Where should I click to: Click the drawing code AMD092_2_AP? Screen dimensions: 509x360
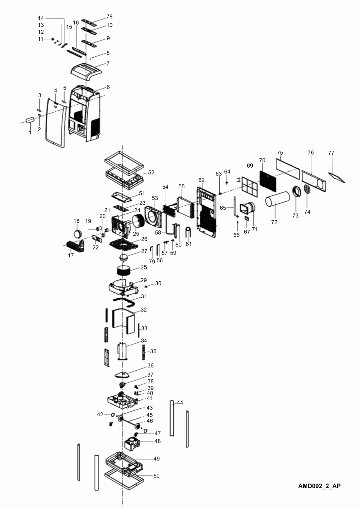319,486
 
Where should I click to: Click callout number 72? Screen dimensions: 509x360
274,222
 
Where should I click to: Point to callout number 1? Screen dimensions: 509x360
30,132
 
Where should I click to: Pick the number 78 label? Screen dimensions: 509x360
109,17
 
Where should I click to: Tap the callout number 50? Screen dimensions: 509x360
156,476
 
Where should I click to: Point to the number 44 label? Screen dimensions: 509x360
180,402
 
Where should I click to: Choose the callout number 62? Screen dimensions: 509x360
201,180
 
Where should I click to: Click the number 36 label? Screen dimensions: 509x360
150,365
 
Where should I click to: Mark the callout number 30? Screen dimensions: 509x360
158,283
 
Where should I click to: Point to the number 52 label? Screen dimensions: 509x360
151,172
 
